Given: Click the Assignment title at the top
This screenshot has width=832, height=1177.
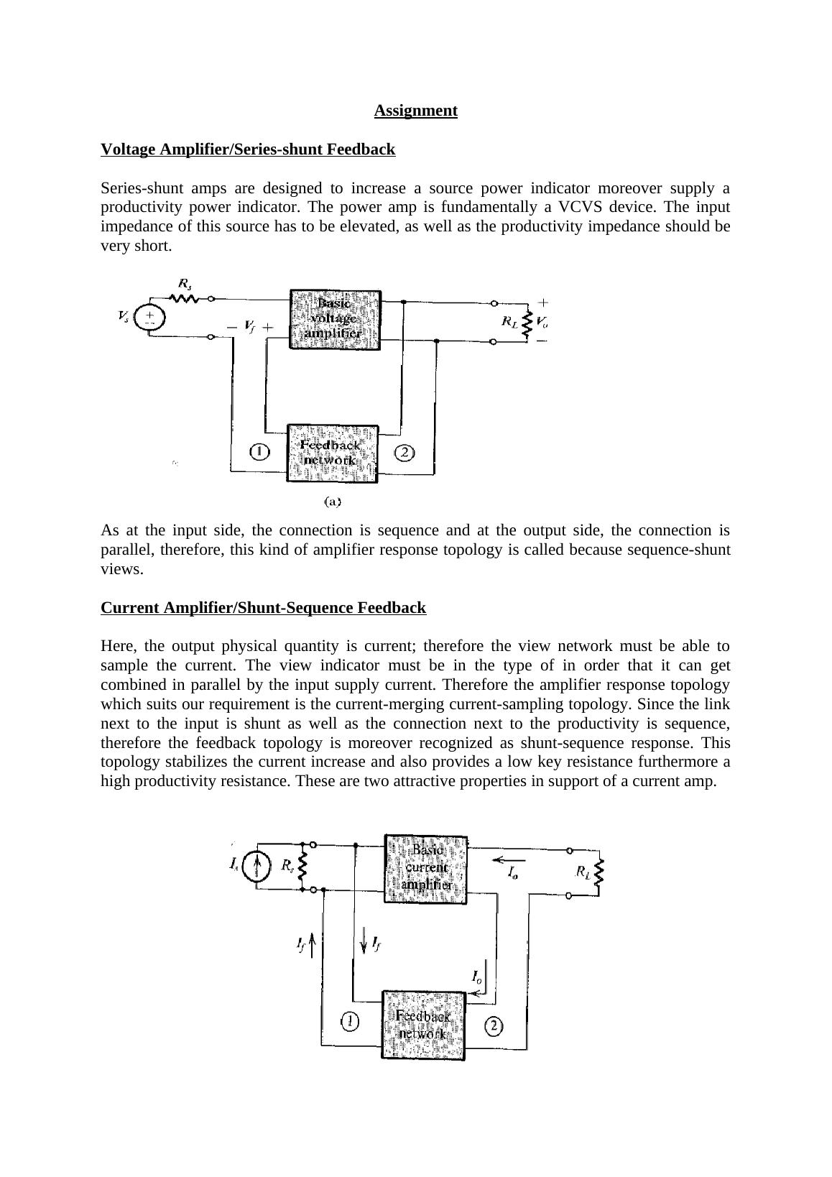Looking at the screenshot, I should pos(415,111).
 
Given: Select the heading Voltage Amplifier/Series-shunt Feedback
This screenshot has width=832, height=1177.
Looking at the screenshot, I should pos(248,149).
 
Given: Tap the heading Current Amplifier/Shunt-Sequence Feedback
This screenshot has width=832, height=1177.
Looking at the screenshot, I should pos(263,608).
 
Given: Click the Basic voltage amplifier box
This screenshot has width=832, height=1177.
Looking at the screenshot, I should pos(335,319).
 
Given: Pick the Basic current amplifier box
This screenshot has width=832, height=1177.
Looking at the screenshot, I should pos(426,868).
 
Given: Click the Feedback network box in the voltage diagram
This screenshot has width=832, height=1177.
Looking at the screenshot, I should pos(332,453).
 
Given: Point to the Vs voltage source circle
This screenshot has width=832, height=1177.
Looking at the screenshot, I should pos(149,318).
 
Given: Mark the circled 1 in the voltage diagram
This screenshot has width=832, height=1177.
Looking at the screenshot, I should pos(259,452).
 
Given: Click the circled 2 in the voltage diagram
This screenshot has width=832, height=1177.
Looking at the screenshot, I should pos(405,453).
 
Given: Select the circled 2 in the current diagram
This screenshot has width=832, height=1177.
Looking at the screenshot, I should pos(494,1026).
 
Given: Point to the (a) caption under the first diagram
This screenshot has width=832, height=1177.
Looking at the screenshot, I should pos(332,502).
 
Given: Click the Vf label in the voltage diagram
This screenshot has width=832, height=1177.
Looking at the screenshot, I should pos(249,327).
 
